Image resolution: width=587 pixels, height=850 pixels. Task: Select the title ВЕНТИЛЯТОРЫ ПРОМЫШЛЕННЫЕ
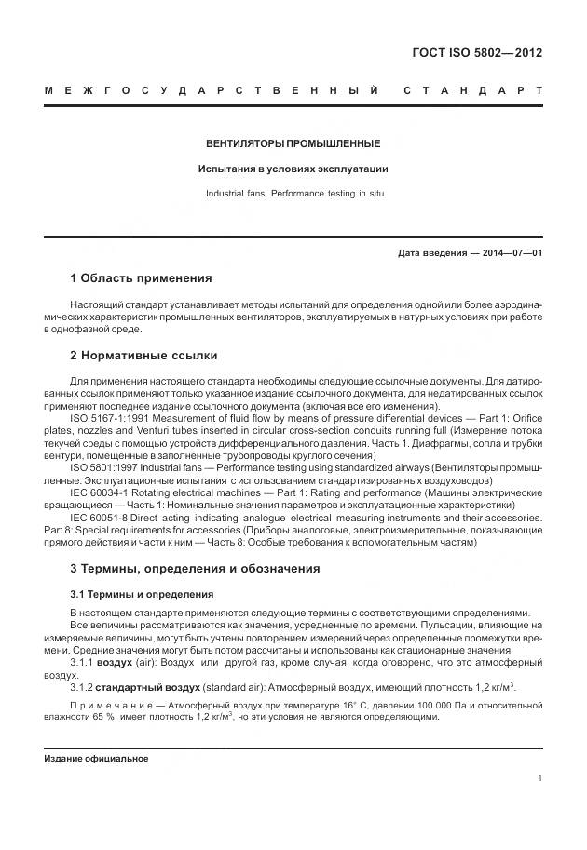(x=293, y=144)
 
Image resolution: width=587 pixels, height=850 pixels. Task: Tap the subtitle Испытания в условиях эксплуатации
(x=293, y=169)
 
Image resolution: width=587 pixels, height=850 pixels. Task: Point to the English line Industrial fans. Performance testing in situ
(x=293, y=194)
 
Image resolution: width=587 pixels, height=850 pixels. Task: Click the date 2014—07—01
(x=512, y=253)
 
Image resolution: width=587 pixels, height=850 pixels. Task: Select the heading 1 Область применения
(x=141, y=278)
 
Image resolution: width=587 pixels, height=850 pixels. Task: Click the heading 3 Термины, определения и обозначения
(x=195, y=568)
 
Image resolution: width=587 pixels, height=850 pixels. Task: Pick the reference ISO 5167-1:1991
(x=110, y=418)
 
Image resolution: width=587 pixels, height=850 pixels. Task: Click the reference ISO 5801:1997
(x=103, y=466)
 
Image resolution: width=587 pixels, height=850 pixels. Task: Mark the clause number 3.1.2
(x=82, y=687)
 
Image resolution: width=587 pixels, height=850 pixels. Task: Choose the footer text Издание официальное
(x=97, y=759)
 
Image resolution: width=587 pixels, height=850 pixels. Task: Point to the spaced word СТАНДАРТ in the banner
(x=472, y=91)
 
